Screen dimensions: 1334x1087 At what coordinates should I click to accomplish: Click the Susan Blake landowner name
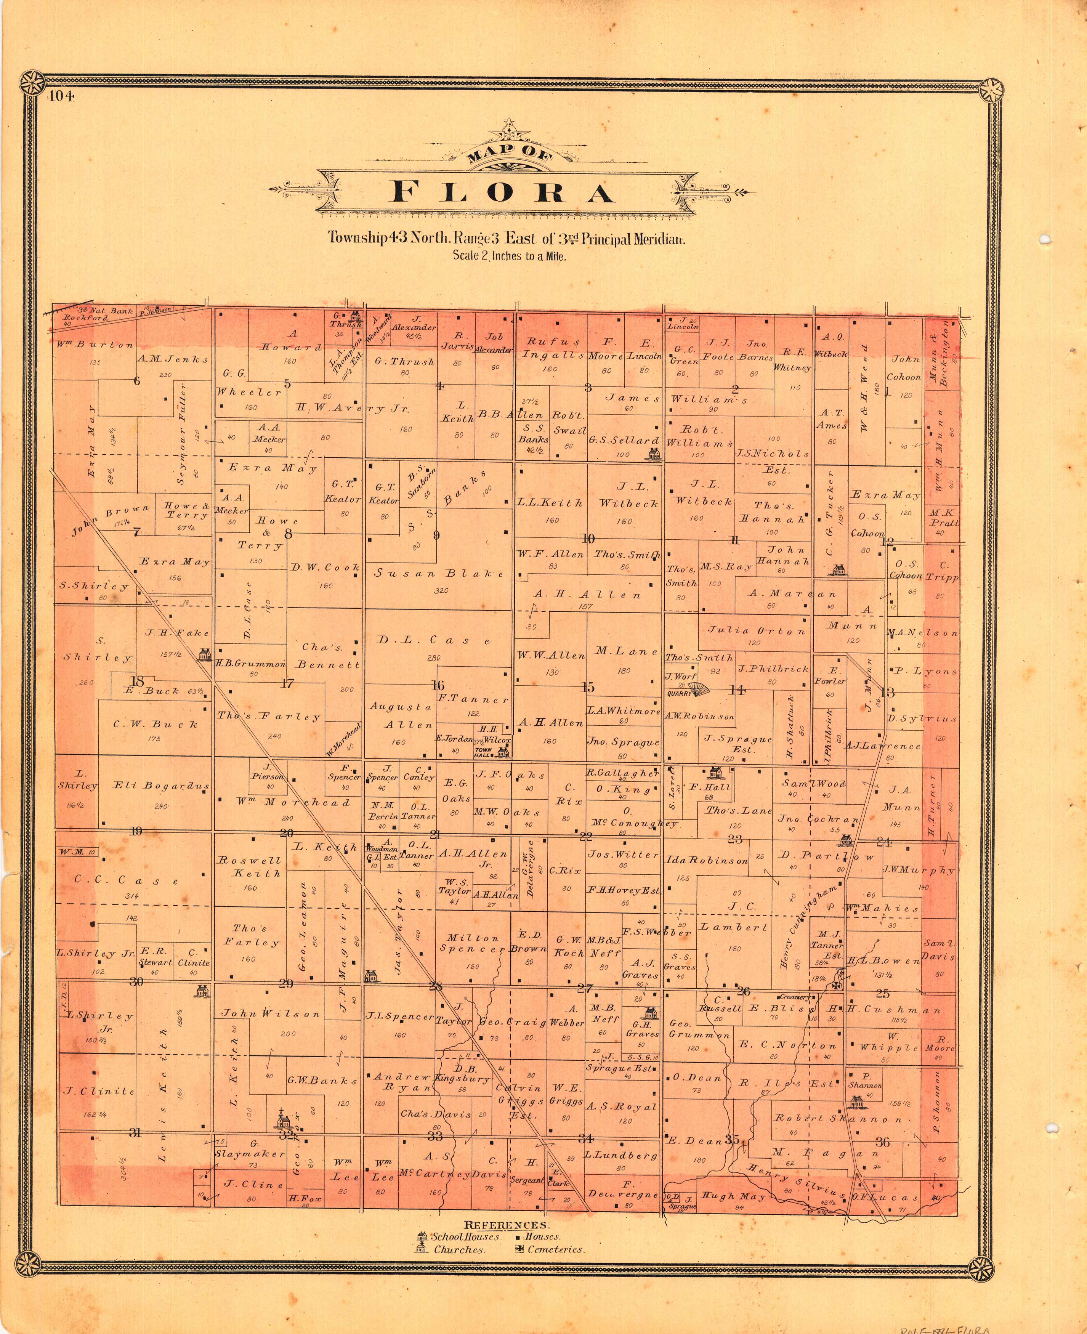[439, 573]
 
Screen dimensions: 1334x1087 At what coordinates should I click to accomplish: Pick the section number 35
[732, 1139]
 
